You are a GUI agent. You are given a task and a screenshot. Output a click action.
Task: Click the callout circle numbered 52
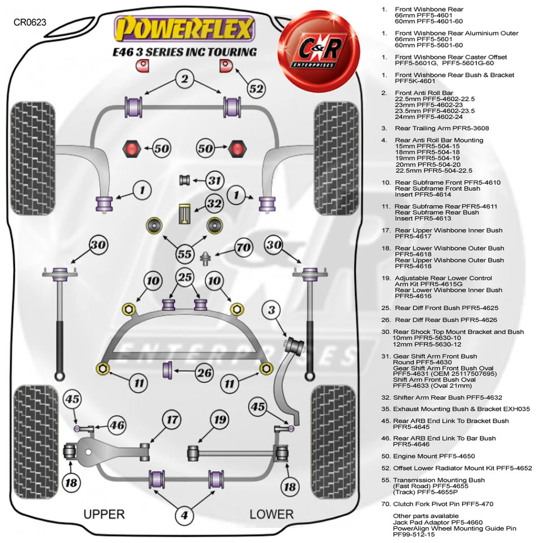click(256, 88)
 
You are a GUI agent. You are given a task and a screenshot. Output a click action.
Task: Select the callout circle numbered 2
click(184, 79)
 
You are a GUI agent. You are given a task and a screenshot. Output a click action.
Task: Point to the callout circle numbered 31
click(214, 180)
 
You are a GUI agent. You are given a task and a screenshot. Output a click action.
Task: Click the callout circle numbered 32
click(214, 203)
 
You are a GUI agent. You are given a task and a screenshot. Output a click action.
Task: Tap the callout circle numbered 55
click(184, 254)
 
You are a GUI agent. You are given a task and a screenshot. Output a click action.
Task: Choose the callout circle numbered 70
click(243, 247)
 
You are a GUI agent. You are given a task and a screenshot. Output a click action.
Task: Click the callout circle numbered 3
click(271, 310)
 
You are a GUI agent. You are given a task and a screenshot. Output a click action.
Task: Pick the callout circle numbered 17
click(172, 420)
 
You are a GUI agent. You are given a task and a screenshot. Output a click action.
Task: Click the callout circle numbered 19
click(219, 420)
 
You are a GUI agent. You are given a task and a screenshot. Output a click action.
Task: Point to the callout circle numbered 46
click(117, 426)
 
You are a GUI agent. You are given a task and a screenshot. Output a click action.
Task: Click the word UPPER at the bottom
click(104, 514)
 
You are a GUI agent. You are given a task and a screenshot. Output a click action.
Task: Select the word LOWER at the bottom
click(271, 514)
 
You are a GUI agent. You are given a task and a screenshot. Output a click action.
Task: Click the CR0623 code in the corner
click(30, 23)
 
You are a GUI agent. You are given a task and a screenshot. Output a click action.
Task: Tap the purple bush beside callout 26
click(169, 370)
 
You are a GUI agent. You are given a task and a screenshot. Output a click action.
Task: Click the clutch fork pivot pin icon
click(206, 258)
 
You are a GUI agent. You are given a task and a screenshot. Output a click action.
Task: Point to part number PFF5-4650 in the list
click(439, 456)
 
